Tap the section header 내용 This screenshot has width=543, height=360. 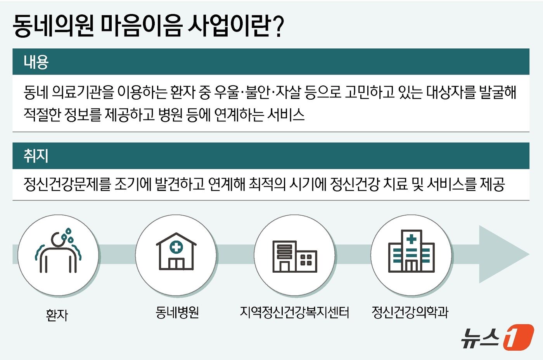(x=36, y=62)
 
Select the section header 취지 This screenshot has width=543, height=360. (x=36, y=156)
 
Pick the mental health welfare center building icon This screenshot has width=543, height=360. (x=295, y=256)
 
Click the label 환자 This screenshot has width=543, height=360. (x=57, y=315)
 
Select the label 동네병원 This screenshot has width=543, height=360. (x=177, y=312)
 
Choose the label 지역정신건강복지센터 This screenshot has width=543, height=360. (x=294, y=312)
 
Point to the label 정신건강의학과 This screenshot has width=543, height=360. (x=410, y=312)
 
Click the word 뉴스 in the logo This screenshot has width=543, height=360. (x=480, y=337)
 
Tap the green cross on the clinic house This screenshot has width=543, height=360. (x=176, y=247)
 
